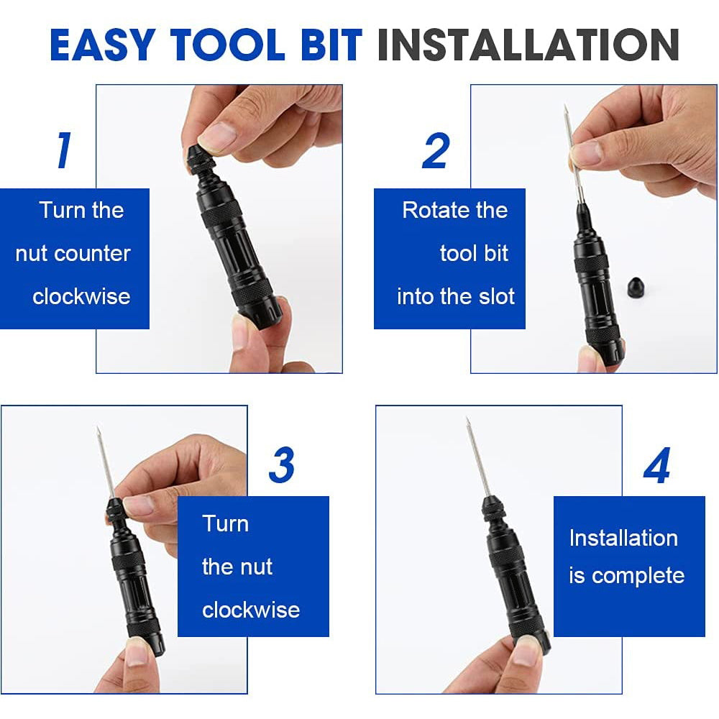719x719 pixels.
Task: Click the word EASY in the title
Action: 103,45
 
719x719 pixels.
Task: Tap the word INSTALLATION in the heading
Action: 528,45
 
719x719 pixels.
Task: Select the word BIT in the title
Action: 331,45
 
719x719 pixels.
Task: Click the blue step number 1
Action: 64,150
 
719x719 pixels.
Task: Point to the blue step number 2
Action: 436,151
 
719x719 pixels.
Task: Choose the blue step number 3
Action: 282,465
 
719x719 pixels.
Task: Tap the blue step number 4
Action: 656,465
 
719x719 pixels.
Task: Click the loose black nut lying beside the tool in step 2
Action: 637,288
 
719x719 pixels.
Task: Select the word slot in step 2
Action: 497,296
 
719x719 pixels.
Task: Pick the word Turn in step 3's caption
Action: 226,523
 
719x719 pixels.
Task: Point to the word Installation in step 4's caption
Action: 623,538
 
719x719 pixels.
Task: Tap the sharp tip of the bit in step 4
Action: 467,418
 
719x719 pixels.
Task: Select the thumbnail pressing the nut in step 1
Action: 216,136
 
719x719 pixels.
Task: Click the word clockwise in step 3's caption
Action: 251,610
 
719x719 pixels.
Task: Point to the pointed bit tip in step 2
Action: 565,106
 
